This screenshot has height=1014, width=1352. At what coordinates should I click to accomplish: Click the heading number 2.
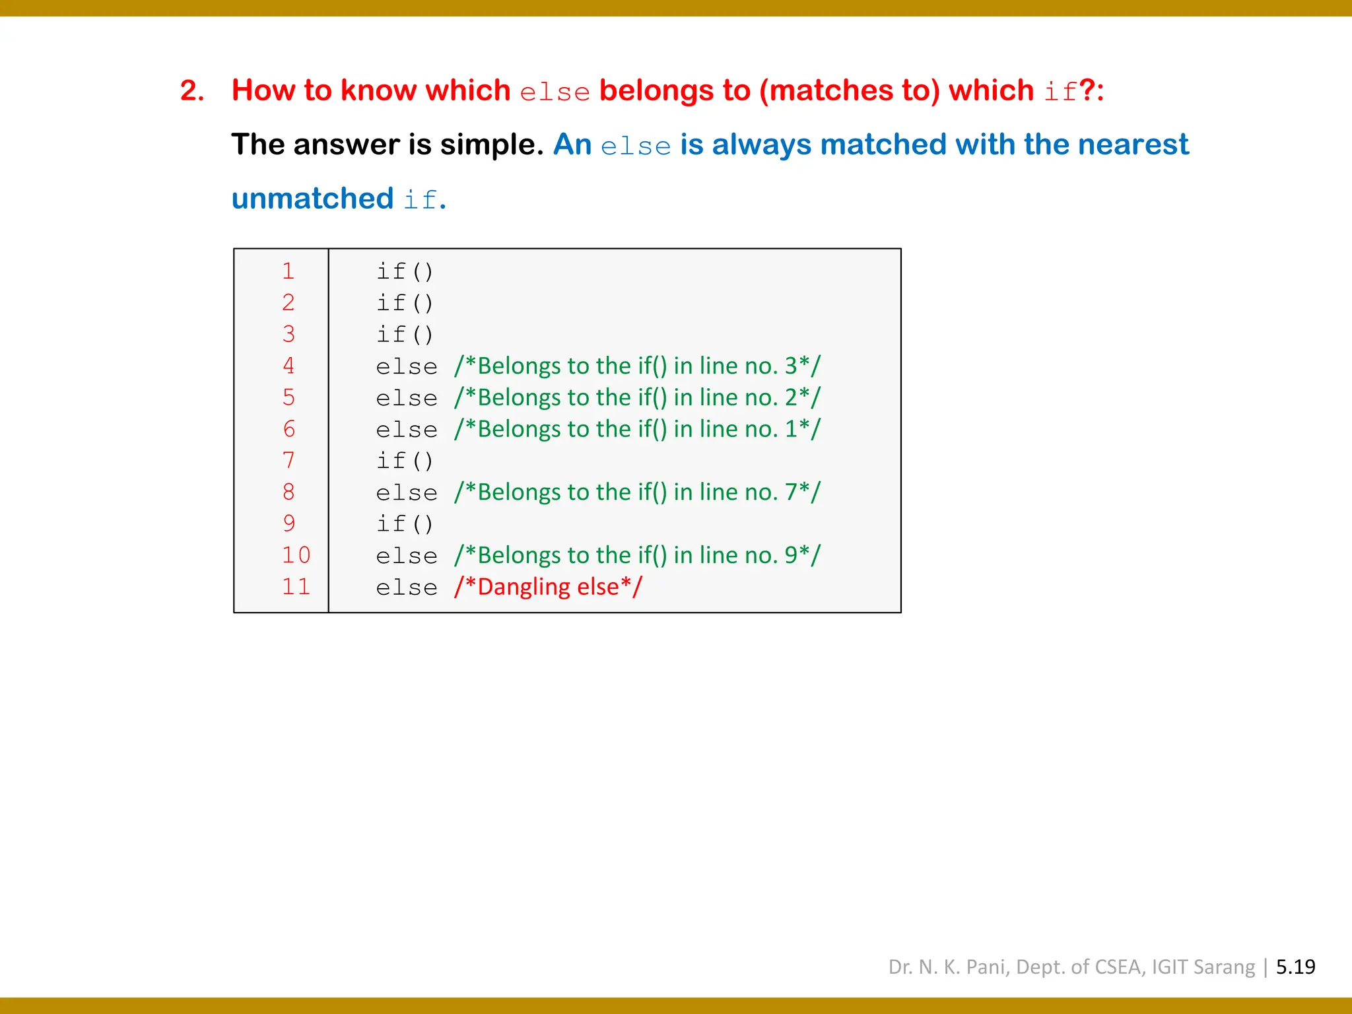pos(191,91)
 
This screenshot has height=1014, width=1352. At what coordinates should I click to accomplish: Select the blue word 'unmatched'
pos(312,199)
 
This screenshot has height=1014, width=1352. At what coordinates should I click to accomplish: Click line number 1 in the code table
pos(288,271)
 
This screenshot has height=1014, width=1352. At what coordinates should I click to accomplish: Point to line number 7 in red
pos(288,460)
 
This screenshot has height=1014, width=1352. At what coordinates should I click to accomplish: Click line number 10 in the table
pos(296,555)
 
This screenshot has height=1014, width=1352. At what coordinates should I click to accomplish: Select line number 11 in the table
pos(296,587)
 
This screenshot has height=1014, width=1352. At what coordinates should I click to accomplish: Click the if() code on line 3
pos(405,334)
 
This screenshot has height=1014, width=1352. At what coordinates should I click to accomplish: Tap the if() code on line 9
pos(405,524)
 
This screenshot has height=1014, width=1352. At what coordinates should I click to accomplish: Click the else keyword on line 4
pos(407,366)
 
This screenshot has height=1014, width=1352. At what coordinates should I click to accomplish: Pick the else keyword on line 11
pos(407,588)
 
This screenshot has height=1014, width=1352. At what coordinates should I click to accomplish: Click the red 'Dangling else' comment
pos(548,587)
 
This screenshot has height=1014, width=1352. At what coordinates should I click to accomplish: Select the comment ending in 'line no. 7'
pos(637,492)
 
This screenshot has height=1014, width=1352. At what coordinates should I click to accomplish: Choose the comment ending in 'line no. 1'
pos(637,429)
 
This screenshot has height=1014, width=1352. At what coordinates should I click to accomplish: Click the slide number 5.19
pos(1295,967)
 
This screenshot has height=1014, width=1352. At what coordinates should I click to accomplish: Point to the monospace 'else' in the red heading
pos(555,92)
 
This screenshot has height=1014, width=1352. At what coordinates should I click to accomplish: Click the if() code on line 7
pos(405,460)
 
